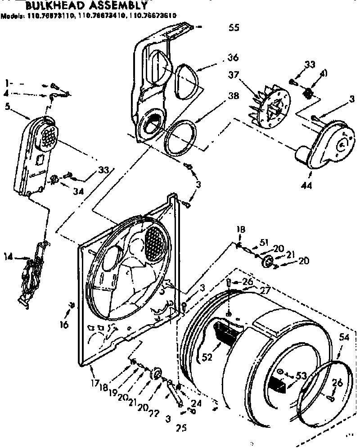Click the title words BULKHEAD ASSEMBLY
point(85,6)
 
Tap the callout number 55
point(234,27)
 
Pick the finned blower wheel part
point(269,106)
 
